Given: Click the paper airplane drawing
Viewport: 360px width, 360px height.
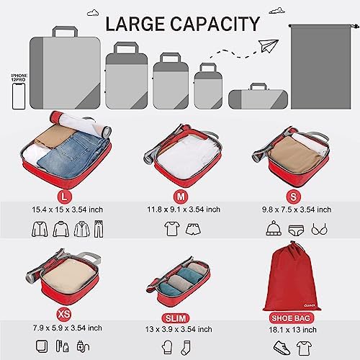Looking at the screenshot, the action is (269, 45).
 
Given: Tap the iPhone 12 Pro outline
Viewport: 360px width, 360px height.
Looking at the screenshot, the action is (19, 96).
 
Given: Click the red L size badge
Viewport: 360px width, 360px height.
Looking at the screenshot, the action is (64, 197).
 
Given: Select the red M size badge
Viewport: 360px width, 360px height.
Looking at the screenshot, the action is (181, 197).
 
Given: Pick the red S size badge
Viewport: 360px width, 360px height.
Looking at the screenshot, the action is (293, 197).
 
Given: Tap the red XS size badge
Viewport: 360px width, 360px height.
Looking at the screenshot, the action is (64, 314).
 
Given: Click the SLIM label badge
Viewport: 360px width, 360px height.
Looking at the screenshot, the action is (176, 318).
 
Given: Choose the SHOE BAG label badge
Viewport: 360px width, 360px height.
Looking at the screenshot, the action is (291, 318).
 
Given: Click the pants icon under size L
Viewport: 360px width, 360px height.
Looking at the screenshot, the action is (99, 229).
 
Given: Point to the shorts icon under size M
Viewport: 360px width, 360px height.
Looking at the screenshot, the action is (193, 229).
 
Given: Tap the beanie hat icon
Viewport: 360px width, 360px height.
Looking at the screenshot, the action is (274, 228).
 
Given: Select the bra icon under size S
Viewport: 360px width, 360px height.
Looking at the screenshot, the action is (319, 229).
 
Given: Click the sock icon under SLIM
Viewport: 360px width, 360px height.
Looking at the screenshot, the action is (186, 347).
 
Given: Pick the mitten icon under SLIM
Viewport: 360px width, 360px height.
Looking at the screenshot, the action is (167, 347).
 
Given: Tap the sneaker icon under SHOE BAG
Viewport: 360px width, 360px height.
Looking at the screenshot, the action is (282, 348).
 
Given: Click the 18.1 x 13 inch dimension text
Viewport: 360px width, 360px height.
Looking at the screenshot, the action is (292, 330).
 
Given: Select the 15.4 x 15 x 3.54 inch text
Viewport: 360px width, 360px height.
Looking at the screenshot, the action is (68, 210).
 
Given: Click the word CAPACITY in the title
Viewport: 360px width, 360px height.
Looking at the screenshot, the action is (215, 24).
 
